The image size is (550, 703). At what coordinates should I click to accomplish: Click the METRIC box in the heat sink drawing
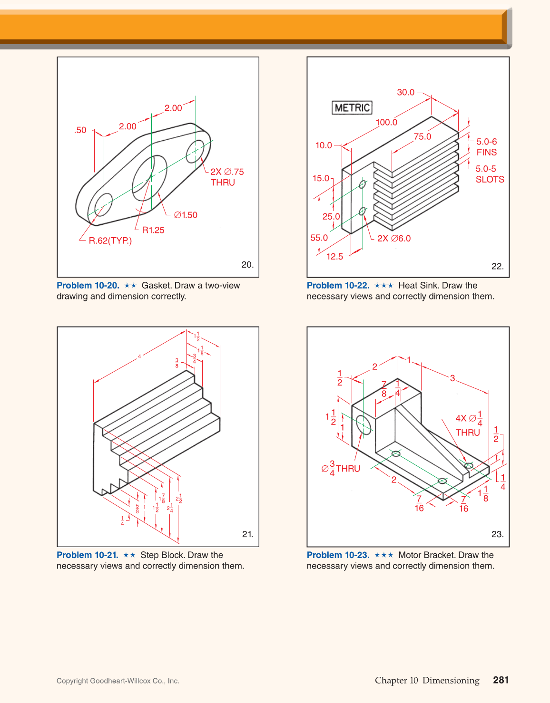click(352, 107)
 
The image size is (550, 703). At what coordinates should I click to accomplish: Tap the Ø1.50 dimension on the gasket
click(186, 215)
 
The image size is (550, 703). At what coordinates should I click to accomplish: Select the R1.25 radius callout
click(153, 230)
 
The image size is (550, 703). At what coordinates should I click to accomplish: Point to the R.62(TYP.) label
click(110, 241)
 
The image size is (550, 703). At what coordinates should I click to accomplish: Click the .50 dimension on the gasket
click(80, 130)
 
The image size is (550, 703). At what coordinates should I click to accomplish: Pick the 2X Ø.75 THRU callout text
click(227, 177)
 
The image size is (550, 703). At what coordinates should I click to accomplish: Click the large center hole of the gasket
click(149, 178)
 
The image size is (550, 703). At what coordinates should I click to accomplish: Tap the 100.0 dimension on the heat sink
click(386, 123)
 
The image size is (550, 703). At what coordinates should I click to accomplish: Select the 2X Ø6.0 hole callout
click(394, 239)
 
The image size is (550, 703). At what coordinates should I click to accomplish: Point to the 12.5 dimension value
click(334, 257)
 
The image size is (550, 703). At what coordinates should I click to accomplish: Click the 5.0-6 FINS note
click(486, 147)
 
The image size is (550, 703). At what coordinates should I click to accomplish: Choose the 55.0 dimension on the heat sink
click(319, 238)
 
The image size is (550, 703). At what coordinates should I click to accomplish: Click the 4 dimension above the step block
click(139, 356)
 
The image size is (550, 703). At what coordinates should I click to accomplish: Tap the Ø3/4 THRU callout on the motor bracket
click(341, 468)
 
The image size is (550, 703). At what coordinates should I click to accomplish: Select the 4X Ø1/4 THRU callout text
click(469, 425)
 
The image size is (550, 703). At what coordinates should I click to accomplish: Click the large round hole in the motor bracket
click(363, 424)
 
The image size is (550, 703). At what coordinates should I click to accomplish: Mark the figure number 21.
click(247, 534)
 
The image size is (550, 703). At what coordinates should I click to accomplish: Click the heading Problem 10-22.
click(338, 286)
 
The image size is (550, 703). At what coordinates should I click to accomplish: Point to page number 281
click(501, 680)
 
